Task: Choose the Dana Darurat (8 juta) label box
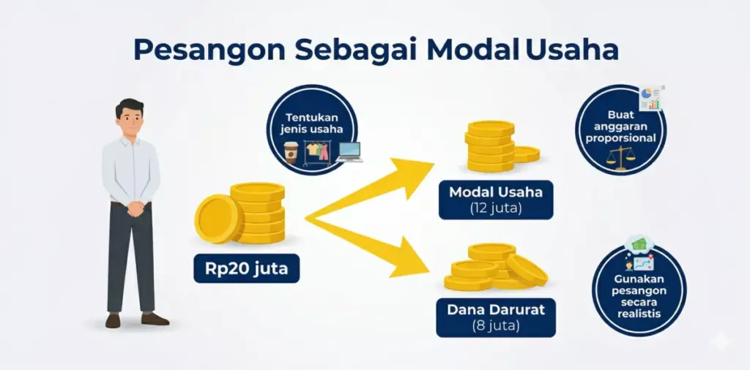(496, 316)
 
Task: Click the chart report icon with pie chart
(650, 98)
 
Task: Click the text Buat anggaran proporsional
(621, 127)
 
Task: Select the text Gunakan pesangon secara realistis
(638, 295)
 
